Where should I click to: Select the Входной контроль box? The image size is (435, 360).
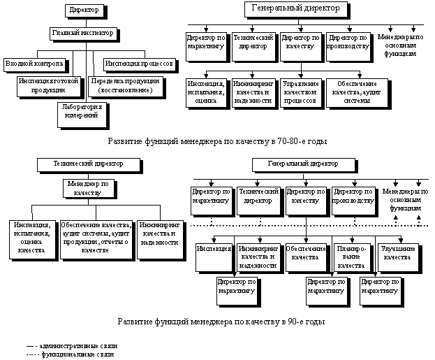[x=35, y=64]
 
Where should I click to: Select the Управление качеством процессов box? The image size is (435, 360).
[x=300, y=92]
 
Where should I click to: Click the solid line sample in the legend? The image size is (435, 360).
[x=30, y=346]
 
